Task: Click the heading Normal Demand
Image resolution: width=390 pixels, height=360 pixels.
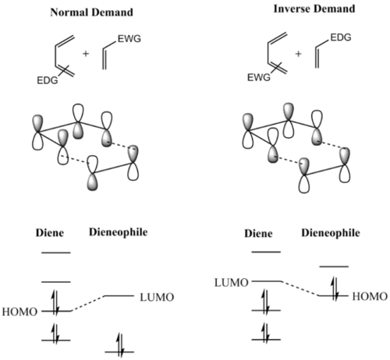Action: point(91,12)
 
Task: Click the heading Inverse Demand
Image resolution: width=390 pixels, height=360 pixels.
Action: point(314,9)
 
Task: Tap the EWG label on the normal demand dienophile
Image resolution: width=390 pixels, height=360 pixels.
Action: point(129,39)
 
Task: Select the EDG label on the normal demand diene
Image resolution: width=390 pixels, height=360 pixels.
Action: point(48,80)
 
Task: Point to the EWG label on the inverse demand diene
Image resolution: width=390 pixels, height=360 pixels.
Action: point(259,77)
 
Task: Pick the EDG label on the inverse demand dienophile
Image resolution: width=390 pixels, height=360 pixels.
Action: point(341,37)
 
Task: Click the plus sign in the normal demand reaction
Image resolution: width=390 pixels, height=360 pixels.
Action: point(86,54)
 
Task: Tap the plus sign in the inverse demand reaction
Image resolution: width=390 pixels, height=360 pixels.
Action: point(298,54)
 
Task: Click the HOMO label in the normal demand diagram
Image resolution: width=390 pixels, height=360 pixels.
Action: point(19,312)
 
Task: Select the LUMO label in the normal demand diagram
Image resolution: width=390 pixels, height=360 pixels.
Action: point(157,298)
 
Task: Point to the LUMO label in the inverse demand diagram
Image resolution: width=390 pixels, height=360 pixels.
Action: point(232,283)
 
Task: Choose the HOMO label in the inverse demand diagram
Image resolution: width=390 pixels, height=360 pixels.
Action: point(370,296)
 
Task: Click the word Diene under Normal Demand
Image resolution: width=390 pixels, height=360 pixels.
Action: point(50,233)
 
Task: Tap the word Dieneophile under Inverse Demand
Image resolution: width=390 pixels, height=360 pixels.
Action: point(331,233)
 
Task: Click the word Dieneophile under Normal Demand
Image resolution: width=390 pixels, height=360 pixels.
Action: point(119,232)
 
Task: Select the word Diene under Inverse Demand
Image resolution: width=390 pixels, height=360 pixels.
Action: point(258,233)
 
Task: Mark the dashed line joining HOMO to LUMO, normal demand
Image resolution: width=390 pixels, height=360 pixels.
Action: point(87,303)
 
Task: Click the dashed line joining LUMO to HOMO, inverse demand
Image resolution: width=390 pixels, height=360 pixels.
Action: point(300,288)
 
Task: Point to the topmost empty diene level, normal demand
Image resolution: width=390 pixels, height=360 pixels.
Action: point(56,252)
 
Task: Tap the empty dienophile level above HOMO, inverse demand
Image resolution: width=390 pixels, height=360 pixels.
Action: point(334,266)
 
